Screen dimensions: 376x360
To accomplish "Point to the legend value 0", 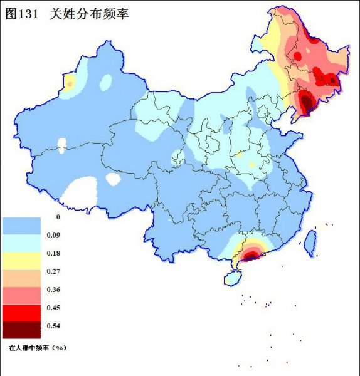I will [x=58, y=217].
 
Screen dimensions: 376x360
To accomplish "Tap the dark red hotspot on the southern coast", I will [x=251, y=255].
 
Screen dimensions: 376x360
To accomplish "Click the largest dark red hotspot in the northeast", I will [x=306, y=102].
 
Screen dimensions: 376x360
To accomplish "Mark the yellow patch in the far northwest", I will [x=70, y=83].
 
